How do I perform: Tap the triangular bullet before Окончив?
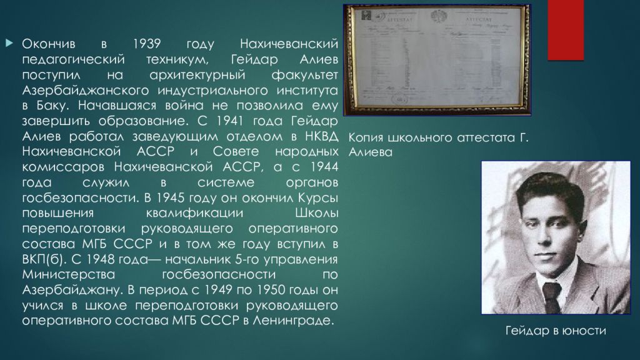9,43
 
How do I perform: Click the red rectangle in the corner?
566,31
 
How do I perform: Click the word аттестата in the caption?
474,137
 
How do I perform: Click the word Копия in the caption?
366,137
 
